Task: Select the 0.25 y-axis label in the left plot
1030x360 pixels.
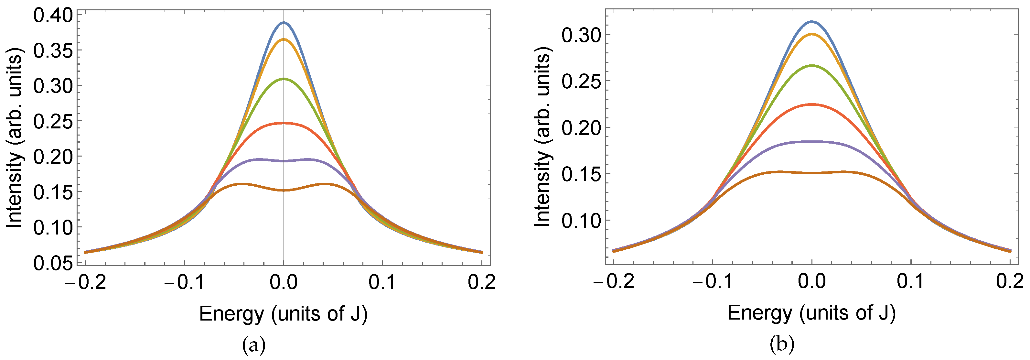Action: click(53, 122)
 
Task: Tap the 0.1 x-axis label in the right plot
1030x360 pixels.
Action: click(910, 282)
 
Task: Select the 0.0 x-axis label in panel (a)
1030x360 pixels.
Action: click(284, 282)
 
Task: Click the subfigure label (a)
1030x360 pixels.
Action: click(253, 345)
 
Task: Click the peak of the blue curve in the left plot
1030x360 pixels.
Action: click(284, 22)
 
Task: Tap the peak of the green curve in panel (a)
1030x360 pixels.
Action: click(284, 79)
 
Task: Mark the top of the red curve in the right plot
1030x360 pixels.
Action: click(812, 104)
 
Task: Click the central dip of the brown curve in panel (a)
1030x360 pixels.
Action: click(284, 191)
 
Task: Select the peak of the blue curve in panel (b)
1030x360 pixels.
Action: click(812, 21)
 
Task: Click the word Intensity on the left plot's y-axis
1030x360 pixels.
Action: click(15, 192)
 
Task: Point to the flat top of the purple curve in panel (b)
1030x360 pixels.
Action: click(812, 141)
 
